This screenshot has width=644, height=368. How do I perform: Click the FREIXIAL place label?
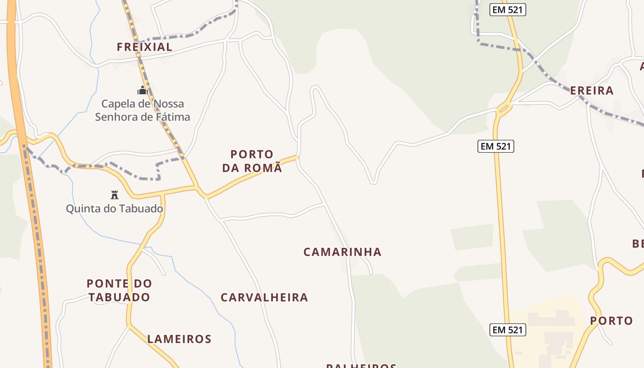click(x=144, y=47)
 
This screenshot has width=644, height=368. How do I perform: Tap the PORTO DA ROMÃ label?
click(x=252, y=161)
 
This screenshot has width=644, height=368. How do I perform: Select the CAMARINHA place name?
click(x=342, y=252)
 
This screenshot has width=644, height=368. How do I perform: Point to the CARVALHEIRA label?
click(x=264, y=298)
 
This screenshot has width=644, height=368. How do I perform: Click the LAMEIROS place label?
click(x=179, y=339)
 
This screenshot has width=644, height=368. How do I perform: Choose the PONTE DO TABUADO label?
click(x=119, y=290)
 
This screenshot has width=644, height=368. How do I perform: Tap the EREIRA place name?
click(x=592, y=91)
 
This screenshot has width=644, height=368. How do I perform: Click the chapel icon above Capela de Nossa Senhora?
click(x=142, y=90)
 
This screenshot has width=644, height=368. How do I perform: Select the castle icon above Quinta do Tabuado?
click(x=115, y=195)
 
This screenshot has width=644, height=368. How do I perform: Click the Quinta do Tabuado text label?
click(x=115, y=209)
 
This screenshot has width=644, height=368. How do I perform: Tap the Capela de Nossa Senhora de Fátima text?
click(x=143, y=110)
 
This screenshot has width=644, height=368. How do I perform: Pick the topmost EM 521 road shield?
click(x=507, y=10)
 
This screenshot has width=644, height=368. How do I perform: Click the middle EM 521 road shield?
click(x=495, y=146)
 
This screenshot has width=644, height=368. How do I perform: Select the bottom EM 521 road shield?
click(x=507, y=330)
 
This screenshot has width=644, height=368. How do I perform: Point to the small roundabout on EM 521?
click(x=505, y=109)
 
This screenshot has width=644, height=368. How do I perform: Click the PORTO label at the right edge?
click(x=611, y=321)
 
